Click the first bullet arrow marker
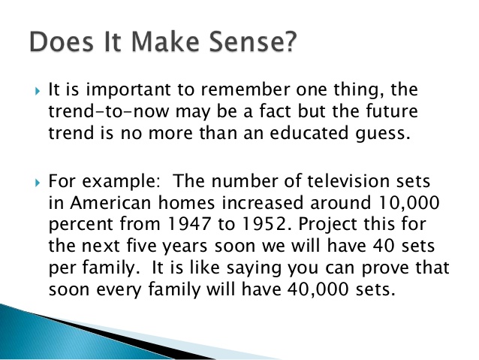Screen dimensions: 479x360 pyautogui.click(x=38, y=91)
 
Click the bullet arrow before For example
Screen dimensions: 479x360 pyautogui.click(x=38, y=183)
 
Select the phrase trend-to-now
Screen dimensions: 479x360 pyautogui.click(x=108, y=111)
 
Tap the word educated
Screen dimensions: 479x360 pyautogui.click(x=309, y=133)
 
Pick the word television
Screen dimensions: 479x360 pyautogui.click(x=348, y=181)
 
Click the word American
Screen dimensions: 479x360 pyautogui.click(x=110, y=202)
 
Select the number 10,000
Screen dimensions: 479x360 pyautogui.click(x=408, y=203)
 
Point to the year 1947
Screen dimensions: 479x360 pyautogui.click(x=189, y=224)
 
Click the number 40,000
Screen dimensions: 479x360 pyautogui.click(x=318, y=289)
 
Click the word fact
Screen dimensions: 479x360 pyautogui.click(x=275, y=111)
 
